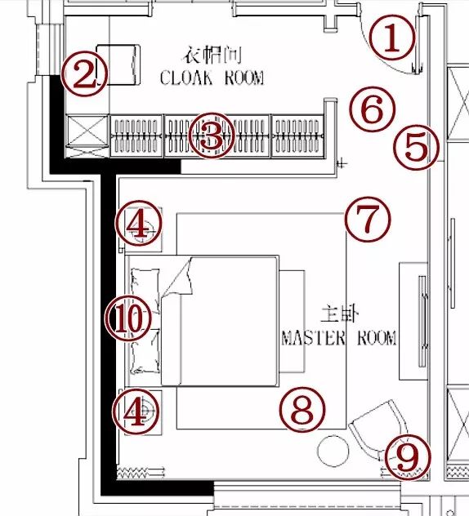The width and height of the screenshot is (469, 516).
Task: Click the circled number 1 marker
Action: pyautogui.click(x=392, y=38)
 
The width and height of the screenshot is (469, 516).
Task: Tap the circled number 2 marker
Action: pyautogui.click(x=85, y=73)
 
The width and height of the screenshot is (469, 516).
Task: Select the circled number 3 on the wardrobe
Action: pyautogui.click(x=212, y=136)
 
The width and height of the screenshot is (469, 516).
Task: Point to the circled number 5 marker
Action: pyautogui.click(x=417, y=147)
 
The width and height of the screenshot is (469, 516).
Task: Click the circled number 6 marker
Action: pyautogui.click(x=373, y=109)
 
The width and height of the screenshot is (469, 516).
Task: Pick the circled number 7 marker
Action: pyautogui.click(x=368, y=220)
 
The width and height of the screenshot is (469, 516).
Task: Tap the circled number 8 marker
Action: pyautogui.click(x=302, y=410)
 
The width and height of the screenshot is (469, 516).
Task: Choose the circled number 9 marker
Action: pyautogui.click(x=408, y=457)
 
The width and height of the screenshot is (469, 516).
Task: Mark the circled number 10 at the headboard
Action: pyautogui.click(x=128, y=318)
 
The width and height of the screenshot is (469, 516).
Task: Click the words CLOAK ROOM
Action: pyautogui.click(x=212, y=78)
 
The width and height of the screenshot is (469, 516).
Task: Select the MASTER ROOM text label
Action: pyautogui.click(x=339, y=338)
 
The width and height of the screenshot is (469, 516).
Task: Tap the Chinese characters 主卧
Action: pyautogui.click(x=339, y=314)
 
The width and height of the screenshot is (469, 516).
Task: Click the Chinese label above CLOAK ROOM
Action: pyautogui.click(x=212, y=55)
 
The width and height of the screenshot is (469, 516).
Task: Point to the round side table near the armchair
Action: pyautogui.click(x=333, y=451)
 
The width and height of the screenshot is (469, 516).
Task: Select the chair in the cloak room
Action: pyautogui.click(x=118, y=64)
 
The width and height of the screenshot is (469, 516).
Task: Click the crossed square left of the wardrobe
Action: pyautogui.click(x=87, y=131)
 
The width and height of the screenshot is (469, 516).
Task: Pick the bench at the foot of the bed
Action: pyautogui.click(x=292, y=322)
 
